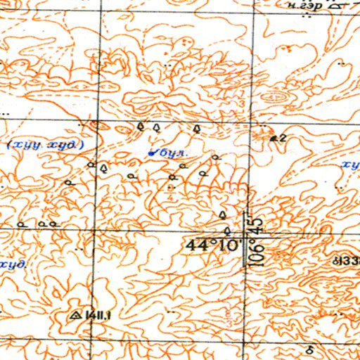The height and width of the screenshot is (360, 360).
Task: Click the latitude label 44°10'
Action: [213, 245]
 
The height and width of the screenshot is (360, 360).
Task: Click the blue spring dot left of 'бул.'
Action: [153, 150]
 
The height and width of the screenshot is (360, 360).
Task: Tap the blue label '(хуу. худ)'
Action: [46, 146]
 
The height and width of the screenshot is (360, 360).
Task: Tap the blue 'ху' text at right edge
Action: [349, 165]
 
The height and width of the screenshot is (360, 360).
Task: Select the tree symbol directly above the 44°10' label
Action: [226, 230]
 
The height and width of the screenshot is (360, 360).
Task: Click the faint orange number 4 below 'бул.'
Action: [170, 188]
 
